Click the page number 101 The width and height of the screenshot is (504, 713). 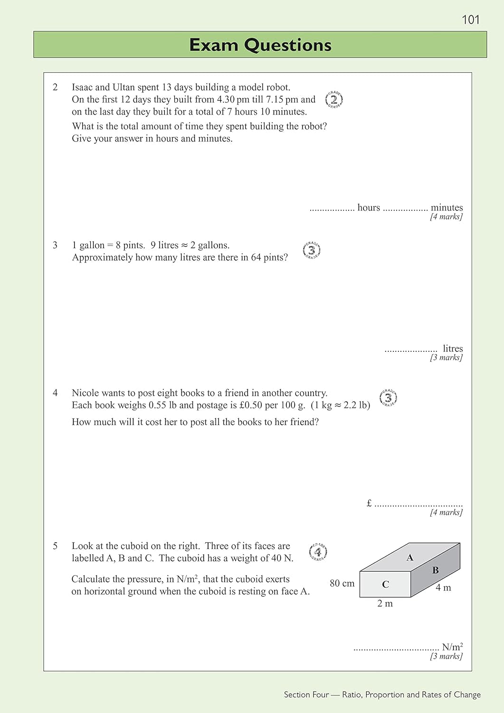pos(470,19)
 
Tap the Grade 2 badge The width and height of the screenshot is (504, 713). pos(334,100)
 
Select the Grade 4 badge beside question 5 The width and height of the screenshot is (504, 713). pos(318,552)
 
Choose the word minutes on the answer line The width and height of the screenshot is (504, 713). pos(447,207)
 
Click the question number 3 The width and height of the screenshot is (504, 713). pos(55,245)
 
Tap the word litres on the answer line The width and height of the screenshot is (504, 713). pos(452,348)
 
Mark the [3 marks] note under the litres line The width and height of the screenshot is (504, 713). pos(446,357)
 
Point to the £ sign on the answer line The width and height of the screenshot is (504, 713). pos(369,503)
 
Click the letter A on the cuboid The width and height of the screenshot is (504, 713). pos(410,558)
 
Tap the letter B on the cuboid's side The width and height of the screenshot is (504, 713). pos(435,570)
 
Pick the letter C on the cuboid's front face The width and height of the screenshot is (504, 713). pos(385,584)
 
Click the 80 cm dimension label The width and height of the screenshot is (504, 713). pos(342,583)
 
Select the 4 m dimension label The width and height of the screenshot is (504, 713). pos(443,588)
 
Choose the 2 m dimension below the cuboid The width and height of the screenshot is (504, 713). pos(385,604)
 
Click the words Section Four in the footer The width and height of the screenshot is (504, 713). pos(306,694)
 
